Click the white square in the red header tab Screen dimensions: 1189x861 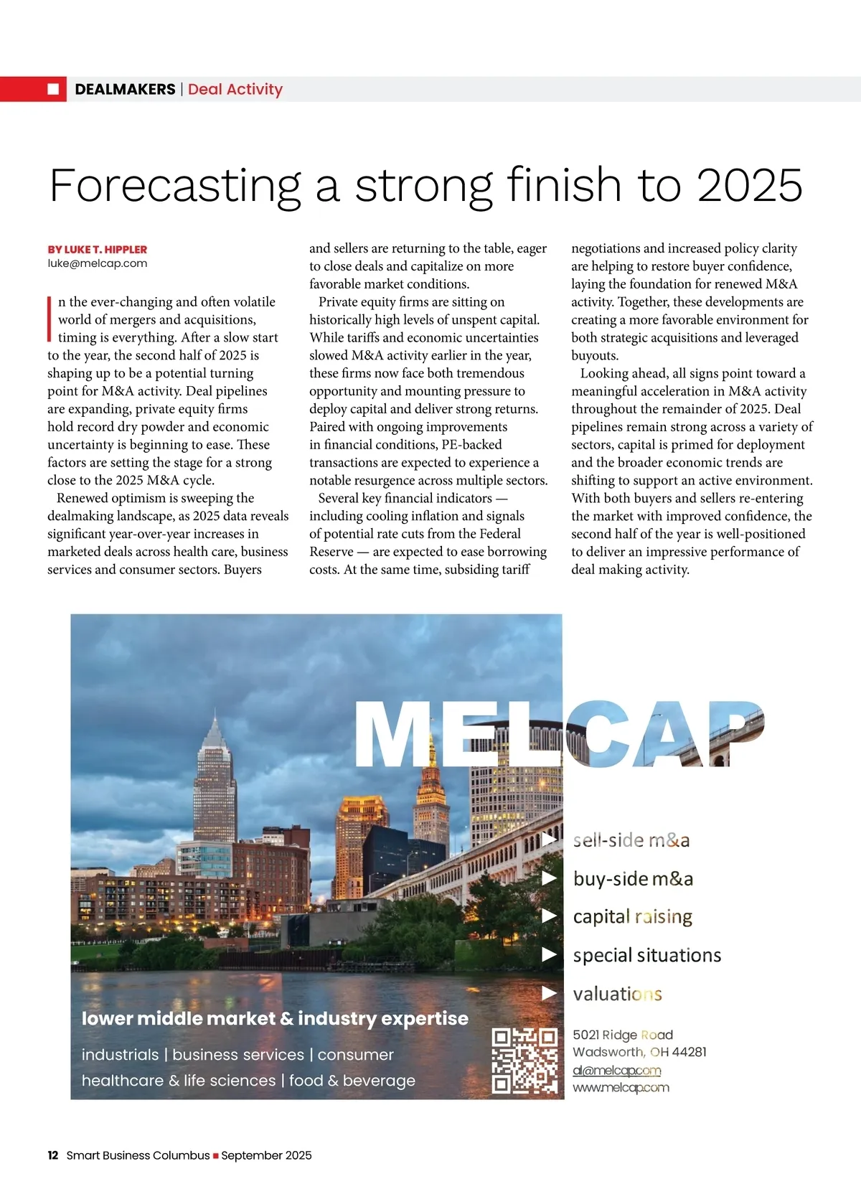(53, 89)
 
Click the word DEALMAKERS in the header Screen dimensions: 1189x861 (125, 89)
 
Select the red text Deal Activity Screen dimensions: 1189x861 (235, 89)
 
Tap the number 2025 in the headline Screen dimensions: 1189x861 (749, 186)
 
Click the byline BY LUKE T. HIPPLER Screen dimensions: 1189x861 (98, 250)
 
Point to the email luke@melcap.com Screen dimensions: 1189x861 (98, 263)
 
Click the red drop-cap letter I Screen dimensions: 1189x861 (50, 318)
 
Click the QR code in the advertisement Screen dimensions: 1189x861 (524, 1061)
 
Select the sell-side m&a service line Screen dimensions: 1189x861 (631, 840)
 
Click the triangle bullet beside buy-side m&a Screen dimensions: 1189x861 (550, 878)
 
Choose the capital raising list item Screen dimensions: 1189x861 (632, 916)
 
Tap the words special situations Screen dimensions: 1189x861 (646, 955)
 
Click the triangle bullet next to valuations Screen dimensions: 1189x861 (550, 993)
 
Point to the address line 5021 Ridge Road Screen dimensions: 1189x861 (622, 1035)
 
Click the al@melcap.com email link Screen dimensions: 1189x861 (616, 1071)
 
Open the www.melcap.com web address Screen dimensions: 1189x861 (621, 1088)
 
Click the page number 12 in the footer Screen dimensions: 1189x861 (53, 1155)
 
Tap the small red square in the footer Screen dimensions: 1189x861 (215, 1156)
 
